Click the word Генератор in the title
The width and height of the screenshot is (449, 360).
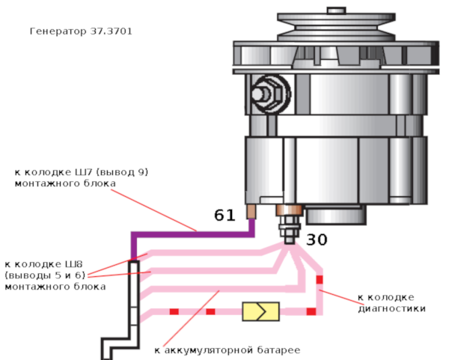[x=56, y=32]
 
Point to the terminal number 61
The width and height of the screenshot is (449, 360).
[x=224, y=216]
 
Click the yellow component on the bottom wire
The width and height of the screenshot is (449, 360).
[x=260, y=311]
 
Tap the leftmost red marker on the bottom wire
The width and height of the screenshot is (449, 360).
[x=174, y=311]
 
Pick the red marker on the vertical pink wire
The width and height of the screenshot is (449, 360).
[x=319, y=280]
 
